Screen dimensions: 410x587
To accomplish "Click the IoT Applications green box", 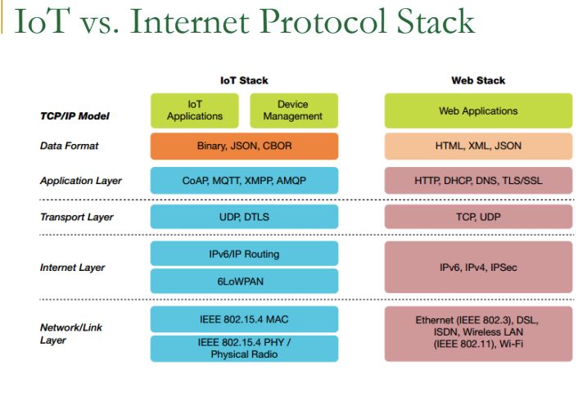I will click(x=194, y=110).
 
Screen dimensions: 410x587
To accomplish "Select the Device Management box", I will click(x=293, y=110).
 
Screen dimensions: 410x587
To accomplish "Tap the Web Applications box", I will click(x=478, y=110).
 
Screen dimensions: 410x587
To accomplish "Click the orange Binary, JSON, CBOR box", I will click(x=244, y=146).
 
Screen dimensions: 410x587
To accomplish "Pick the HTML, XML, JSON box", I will click(x=478, y=146).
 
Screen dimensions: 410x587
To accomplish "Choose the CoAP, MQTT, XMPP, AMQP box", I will click(x=244, y=180).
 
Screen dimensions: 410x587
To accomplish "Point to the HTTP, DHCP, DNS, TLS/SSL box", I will click(x=478, y=180).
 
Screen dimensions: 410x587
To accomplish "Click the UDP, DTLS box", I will click(x=244, y=217).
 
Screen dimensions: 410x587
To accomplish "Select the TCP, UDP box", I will click(x=478, y=217).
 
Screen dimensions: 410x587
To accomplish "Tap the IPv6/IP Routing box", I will click(x=244, y=254).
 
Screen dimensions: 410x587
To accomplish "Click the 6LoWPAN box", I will click(x=244, y=281).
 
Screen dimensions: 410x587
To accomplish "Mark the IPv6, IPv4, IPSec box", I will click(x=478, y=268).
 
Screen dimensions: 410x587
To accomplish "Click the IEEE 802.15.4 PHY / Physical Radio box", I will click(x=244, y=349).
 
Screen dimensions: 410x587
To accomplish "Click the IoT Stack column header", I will click(x=244, y=80).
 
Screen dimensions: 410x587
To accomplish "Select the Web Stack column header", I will click(x=478, y=80).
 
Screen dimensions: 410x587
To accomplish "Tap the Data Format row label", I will click(x=69, y=146).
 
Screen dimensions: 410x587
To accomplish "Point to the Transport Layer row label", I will click(x=76, y=217).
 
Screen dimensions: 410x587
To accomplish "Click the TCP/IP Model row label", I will click(x=75, y=115).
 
